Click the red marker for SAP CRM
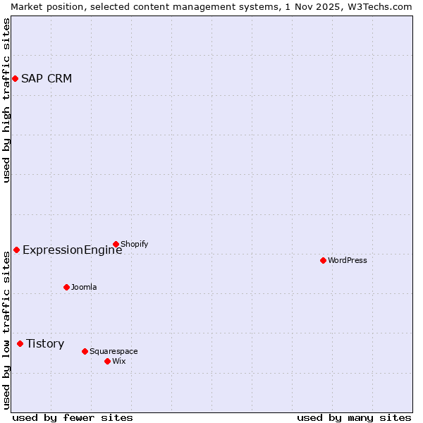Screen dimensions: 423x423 (15, 78)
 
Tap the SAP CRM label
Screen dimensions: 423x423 (47, 78)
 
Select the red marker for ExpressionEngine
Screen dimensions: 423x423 (16, 250)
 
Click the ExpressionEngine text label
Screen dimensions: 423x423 (72, 250)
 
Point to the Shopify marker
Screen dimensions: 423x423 (116, 245)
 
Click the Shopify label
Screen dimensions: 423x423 (135, 245)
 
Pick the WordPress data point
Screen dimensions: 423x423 (323, 260)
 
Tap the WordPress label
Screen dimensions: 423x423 (348, 260)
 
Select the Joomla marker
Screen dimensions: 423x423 (66, 287)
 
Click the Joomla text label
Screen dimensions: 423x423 (84, 287)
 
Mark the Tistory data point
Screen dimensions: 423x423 (20, 344)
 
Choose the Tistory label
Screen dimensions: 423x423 (45, 344)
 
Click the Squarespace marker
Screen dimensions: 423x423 (85, 351)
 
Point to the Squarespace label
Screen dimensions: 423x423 (114, 351)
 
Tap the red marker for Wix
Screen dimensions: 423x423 (107, 361)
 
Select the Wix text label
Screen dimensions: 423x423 (119, 361)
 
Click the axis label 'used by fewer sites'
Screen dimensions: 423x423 (73, 417)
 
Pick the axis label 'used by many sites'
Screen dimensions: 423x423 (354, 417)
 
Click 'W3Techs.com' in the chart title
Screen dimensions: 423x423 (380, 6)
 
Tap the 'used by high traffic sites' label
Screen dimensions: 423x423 (6, 100)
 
